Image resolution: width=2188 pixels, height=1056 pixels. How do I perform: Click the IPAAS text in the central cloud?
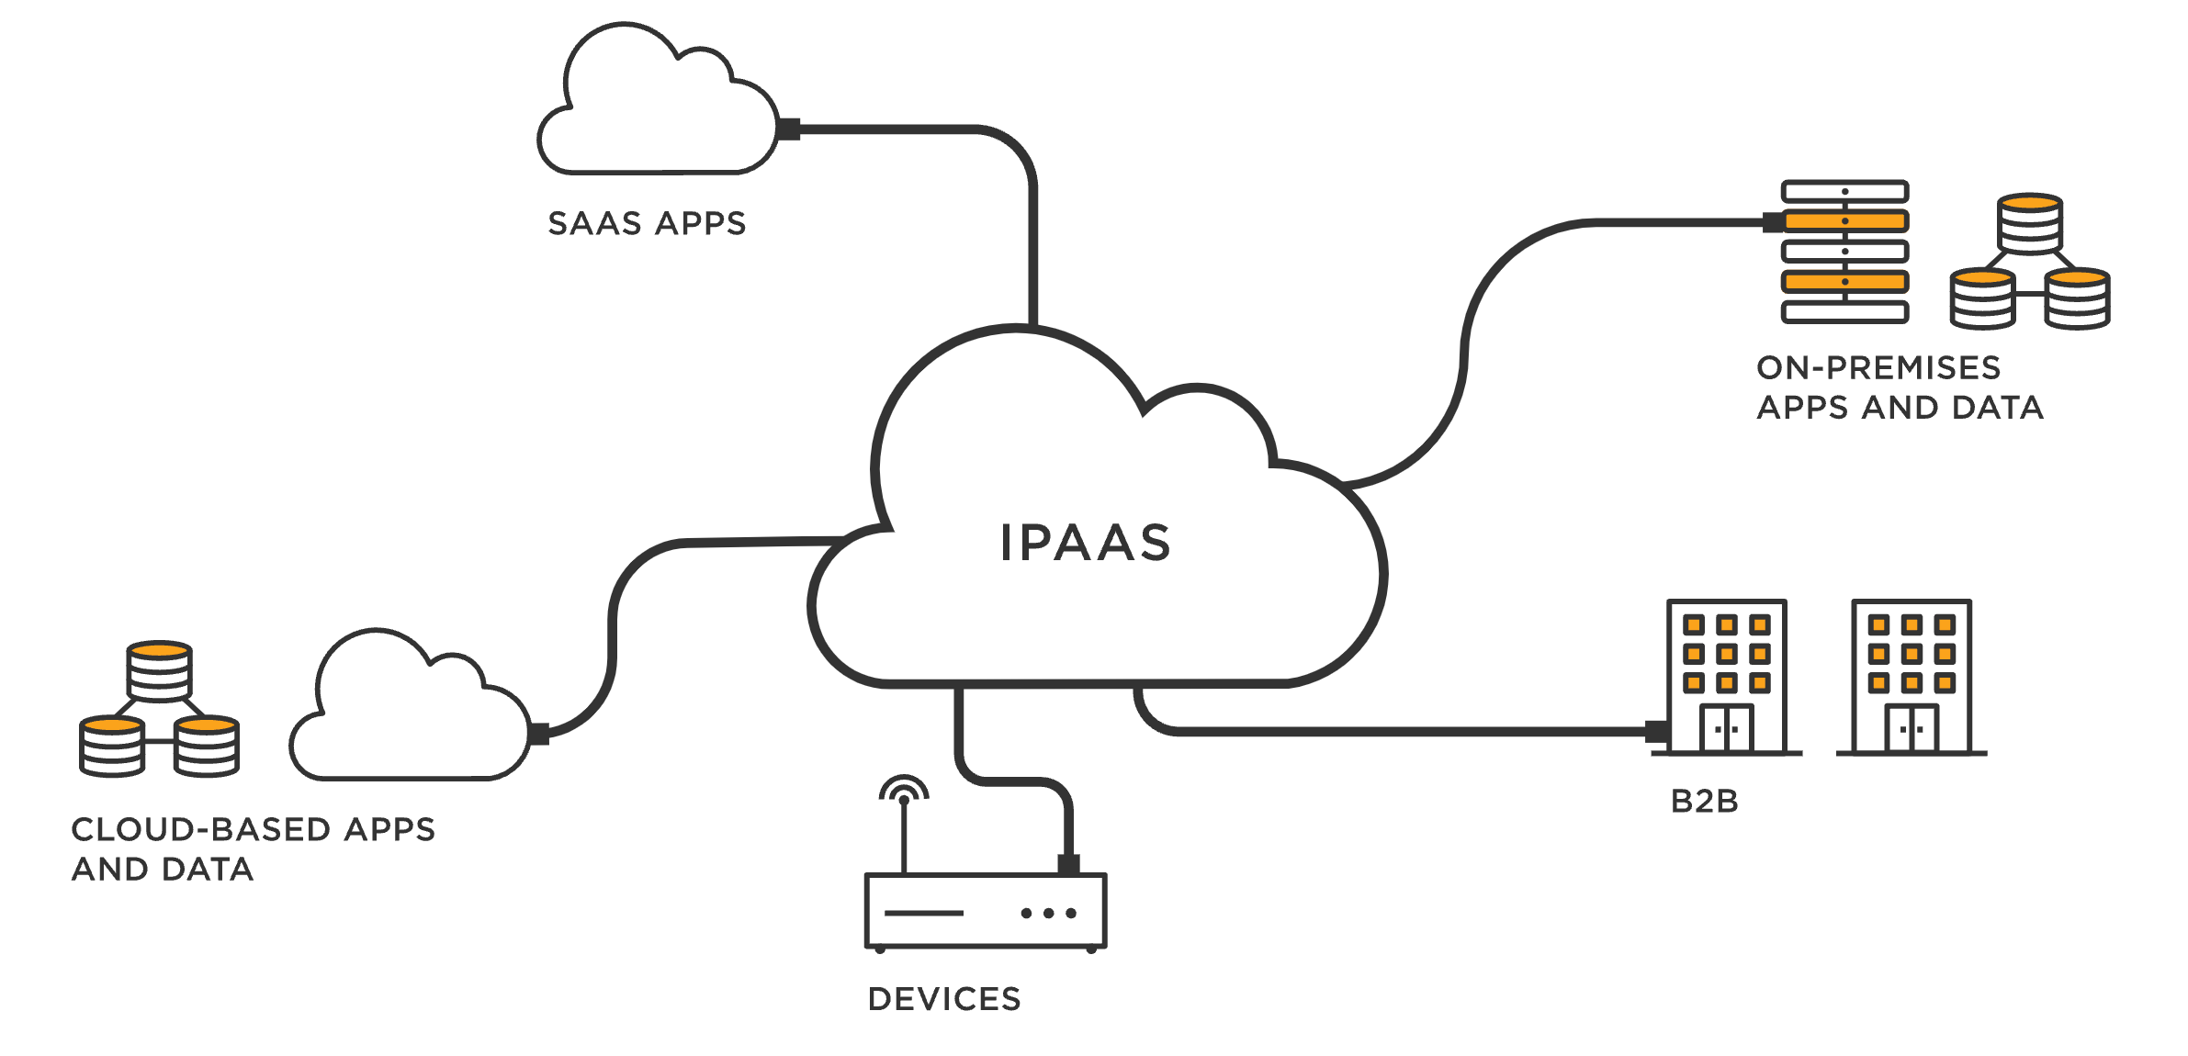pos(1085,543)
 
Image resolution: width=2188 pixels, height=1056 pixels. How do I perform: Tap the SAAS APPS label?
pos(647,223)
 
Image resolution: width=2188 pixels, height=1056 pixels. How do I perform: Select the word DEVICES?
pos(944,999)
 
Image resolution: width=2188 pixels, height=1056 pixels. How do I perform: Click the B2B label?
pos(1704,802)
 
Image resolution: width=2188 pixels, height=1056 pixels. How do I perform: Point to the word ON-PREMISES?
pos(1878,367)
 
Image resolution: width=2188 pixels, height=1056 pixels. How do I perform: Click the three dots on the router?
pos(1048,913)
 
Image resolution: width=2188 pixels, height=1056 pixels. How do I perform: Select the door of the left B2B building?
pos(1726,728)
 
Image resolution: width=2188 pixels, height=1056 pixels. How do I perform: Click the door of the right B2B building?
pos(1912,728)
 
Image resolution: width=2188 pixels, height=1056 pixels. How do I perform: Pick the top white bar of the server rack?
pos(1844,191)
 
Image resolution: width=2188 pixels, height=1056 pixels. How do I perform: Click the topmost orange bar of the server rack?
pos(1844,221)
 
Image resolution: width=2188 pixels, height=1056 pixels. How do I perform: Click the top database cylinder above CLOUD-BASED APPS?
pos(159,670)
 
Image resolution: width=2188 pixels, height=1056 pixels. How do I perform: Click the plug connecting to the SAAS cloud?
pos(788,129)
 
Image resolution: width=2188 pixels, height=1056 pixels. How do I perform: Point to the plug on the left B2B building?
pos(1657,732)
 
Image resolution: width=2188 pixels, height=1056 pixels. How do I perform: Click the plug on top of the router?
pos(1068,864)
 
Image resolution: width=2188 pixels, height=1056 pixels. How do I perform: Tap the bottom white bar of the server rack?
pos(1844,312)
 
